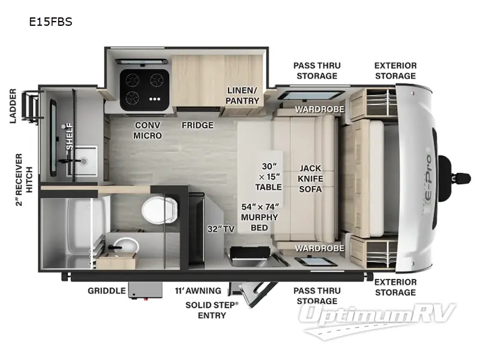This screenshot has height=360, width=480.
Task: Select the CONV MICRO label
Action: tap(148, 130)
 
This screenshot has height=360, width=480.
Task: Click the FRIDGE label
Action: tap(198, 125)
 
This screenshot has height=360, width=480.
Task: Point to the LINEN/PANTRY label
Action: tap(242, 95)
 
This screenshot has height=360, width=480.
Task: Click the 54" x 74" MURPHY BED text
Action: tap(260, 217)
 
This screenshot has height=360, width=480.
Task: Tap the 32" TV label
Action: tap(220, 229)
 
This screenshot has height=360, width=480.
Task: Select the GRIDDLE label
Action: tap(107, 291)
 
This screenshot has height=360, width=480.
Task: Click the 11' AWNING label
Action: tap(198, 291)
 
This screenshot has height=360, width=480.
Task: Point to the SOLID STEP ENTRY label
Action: tap(211, 310)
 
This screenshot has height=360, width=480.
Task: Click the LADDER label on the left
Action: tap(13, 106)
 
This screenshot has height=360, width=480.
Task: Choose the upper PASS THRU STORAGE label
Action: tap(317, 71)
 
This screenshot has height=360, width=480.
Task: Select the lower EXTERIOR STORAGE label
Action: tap(395, 287)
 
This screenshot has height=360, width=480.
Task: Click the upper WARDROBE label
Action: tap(319, 109)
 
